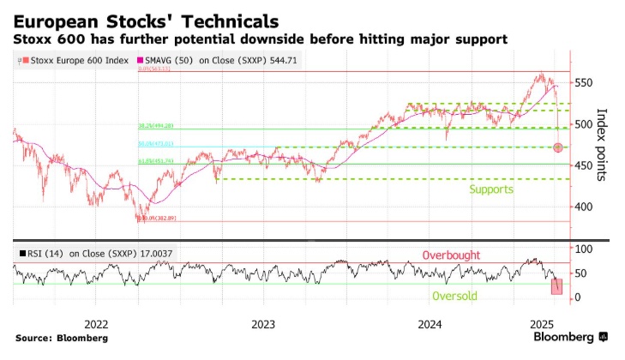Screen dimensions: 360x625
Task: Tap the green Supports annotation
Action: (x=491, y=189)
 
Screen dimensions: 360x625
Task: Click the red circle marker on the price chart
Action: (x=559, y=147)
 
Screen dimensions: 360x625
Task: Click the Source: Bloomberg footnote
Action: (x=61, y=338)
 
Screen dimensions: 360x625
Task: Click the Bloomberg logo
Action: (x=570, y=337)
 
